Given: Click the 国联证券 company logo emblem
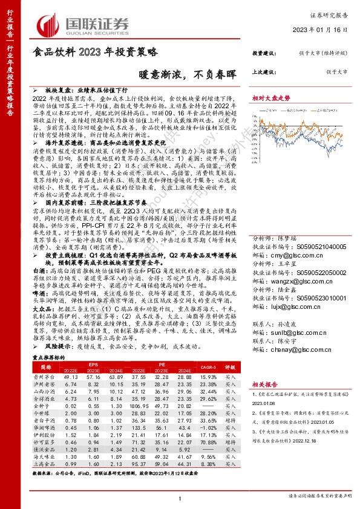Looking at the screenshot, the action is click(50, 25).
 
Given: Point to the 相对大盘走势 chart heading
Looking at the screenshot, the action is click(270, 97).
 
